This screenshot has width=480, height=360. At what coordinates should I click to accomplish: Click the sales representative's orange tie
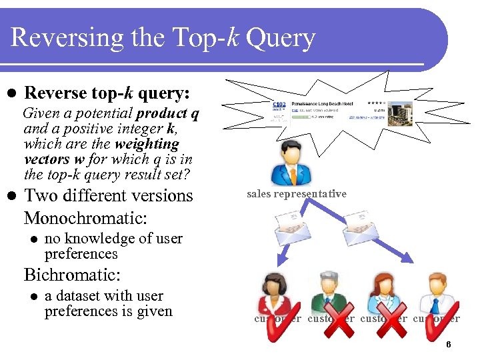pos(291,175)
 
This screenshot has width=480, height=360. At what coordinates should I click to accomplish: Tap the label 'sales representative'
pos(297,194)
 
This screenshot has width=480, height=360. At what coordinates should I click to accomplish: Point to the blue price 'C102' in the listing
pos(280,105)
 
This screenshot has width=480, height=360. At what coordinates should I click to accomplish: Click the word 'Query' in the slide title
pos(280,38)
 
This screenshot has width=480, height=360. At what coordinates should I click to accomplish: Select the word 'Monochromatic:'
pos(85,218)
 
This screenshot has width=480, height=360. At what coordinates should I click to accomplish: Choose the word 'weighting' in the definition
pos(147,143)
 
